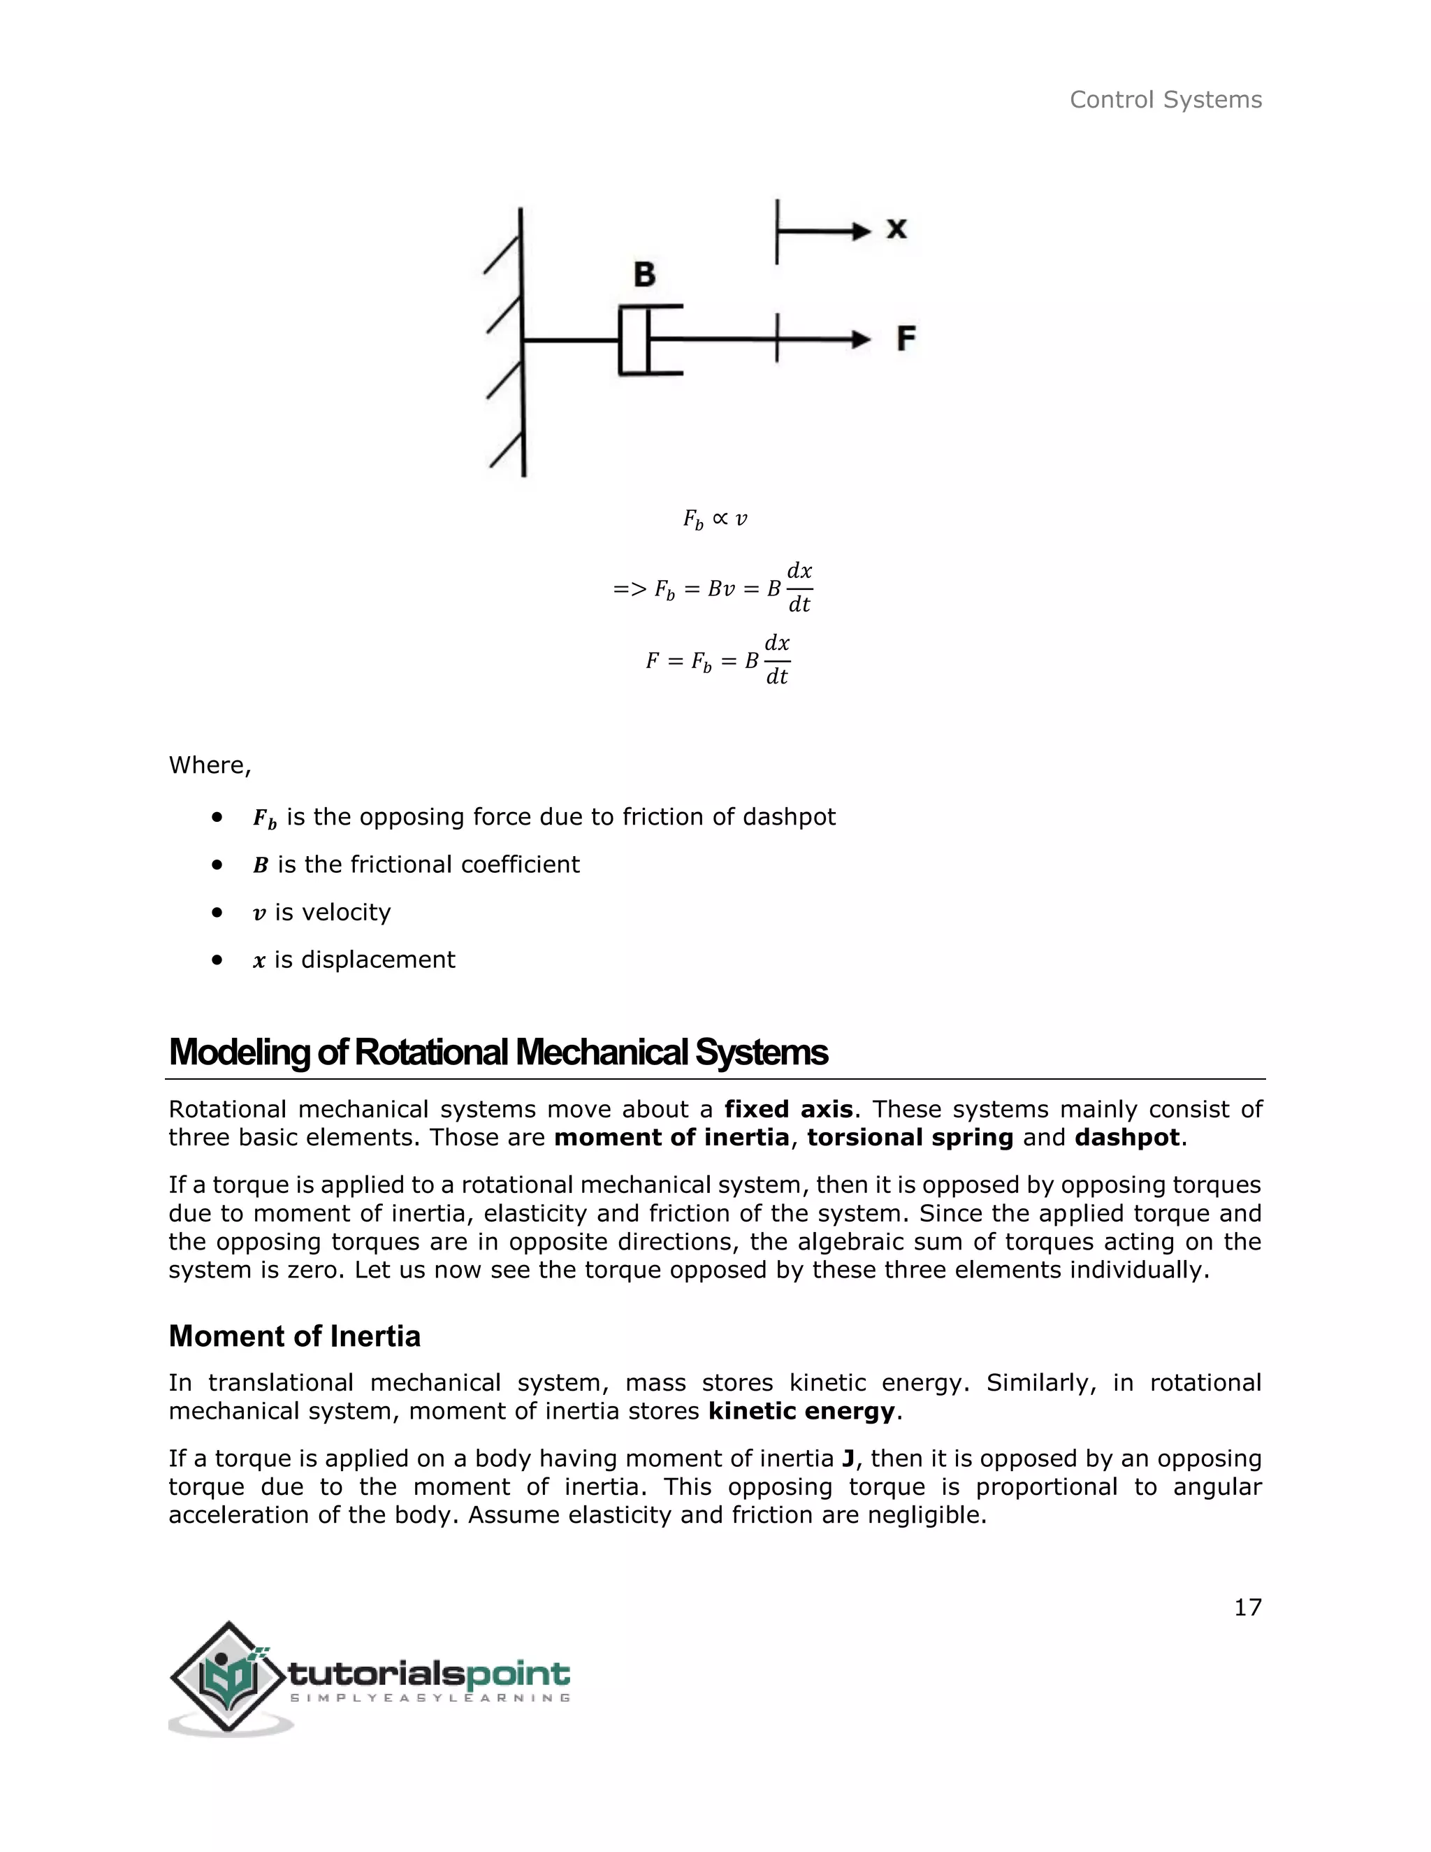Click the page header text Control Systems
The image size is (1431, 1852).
point(1165,100)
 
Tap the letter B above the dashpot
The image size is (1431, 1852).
point(644,275)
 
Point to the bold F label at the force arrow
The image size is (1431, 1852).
point(906,339)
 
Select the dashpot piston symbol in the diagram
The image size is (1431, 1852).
point(648,340)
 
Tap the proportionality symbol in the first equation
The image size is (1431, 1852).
point(720,517)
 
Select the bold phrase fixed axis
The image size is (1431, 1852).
point(788,1109)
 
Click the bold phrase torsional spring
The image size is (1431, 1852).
point(910,1137)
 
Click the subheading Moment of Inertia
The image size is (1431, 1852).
point(294,1336)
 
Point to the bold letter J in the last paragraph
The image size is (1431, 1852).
point(848,1459)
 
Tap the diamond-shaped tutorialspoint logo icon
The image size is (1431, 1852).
point(227,1677)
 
